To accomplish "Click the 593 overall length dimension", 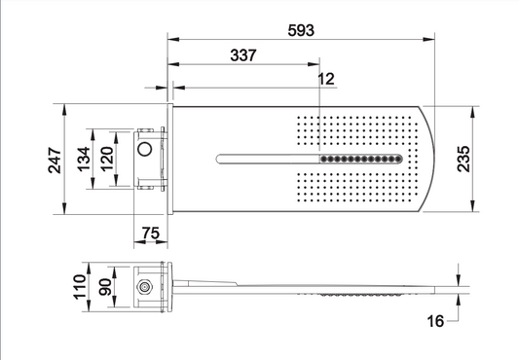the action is [301, 30].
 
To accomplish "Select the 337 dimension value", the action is [243, 55].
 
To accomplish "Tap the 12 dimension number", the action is [326, 79].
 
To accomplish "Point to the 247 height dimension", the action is [55, 161].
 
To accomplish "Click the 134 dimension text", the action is [84, 160].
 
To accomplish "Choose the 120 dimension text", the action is [107, 160].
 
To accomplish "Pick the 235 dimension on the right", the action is [463, 159].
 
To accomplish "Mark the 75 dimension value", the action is [151, 234].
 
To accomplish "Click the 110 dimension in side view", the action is [80, 287].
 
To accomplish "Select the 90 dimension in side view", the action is [105, 287].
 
